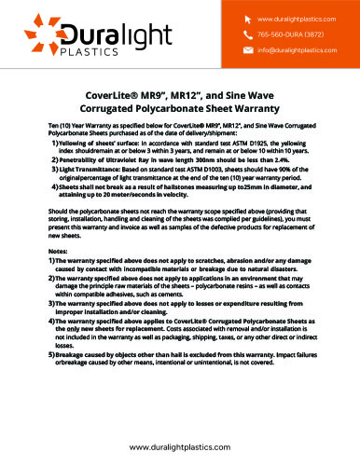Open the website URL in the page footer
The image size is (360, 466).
[x=180, y=449]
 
